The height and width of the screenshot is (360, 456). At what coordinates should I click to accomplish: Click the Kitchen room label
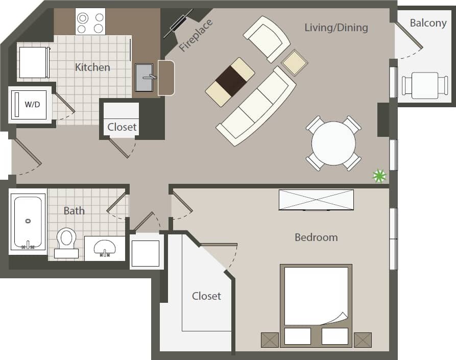(92, 67)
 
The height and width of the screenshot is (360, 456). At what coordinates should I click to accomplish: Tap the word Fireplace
(196, 36)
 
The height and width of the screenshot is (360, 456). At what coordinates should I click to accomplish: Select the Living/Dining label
(336, 28)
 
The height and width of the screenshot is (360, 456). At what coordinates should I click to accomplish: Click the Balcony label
(428, 23)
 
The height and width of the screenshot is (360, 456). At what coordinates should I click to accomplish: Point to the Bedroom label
(316, 237)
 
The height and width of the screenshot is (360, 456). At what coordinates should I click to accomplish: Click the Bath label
(74, 210)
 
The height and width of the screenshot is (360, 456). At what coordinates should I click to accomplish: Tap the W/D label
(32, 105)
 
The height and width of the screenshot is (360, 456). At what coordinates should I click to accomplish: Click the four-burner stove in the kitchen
(90, 21)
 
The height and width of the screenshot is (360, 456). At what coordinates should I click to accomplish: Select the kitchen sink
(145, 77)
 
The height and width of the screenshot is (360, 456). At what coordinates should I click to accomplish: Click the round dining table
(333, 143)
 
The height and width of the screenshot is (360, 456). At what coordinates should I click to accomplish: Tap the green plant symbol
(379, 176)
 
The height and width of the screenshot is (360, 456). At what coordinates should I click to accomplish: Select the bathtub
(28, 223)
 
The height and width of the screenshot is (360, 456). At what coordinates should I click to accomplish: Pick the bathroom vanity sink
(105, 248)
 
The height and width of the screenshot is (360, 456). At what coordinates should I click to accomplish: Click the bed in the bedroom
(316, 301)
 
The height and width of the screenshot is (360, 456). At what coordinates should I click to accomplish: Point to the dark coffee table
(230, 82)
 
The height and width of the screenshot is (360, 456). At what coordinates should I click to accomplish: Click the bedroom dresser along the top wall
(316, 200)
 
